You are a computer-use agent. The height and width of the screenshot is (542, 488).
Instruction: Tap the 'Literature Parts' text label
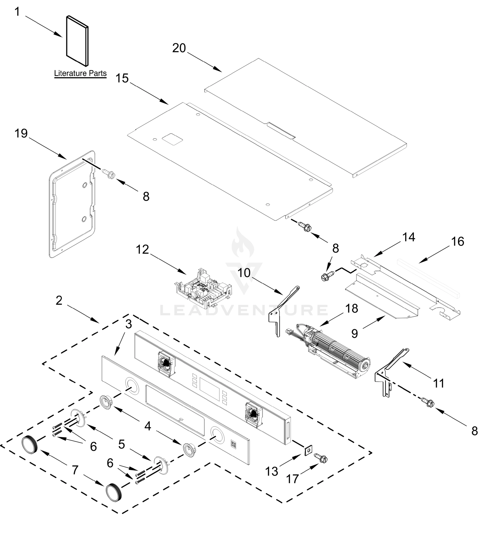click(x=80, y=73)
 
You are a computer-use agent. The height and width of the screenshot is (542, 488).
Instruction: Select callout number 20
click(x=179, y=48)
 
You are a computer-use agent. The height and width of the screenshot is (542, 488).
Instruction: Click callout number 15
click(x=122, y=79)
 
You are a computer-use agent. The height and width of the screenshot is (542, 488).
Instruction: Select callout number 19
click(x=21, y=133)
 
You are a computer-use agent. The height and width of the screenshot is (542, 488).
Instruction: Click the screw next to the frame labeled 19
click(x=108, y=173)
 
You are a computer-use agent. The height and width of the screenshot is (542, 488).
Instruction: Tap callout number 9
click(x=354, y=334)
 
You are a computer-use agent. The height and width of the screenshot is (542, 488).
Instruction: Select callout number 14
click(x=409, y=237)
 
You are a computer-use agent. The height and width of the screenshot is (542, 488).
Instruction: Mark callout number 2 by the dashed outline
click(x=59, y=301)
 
